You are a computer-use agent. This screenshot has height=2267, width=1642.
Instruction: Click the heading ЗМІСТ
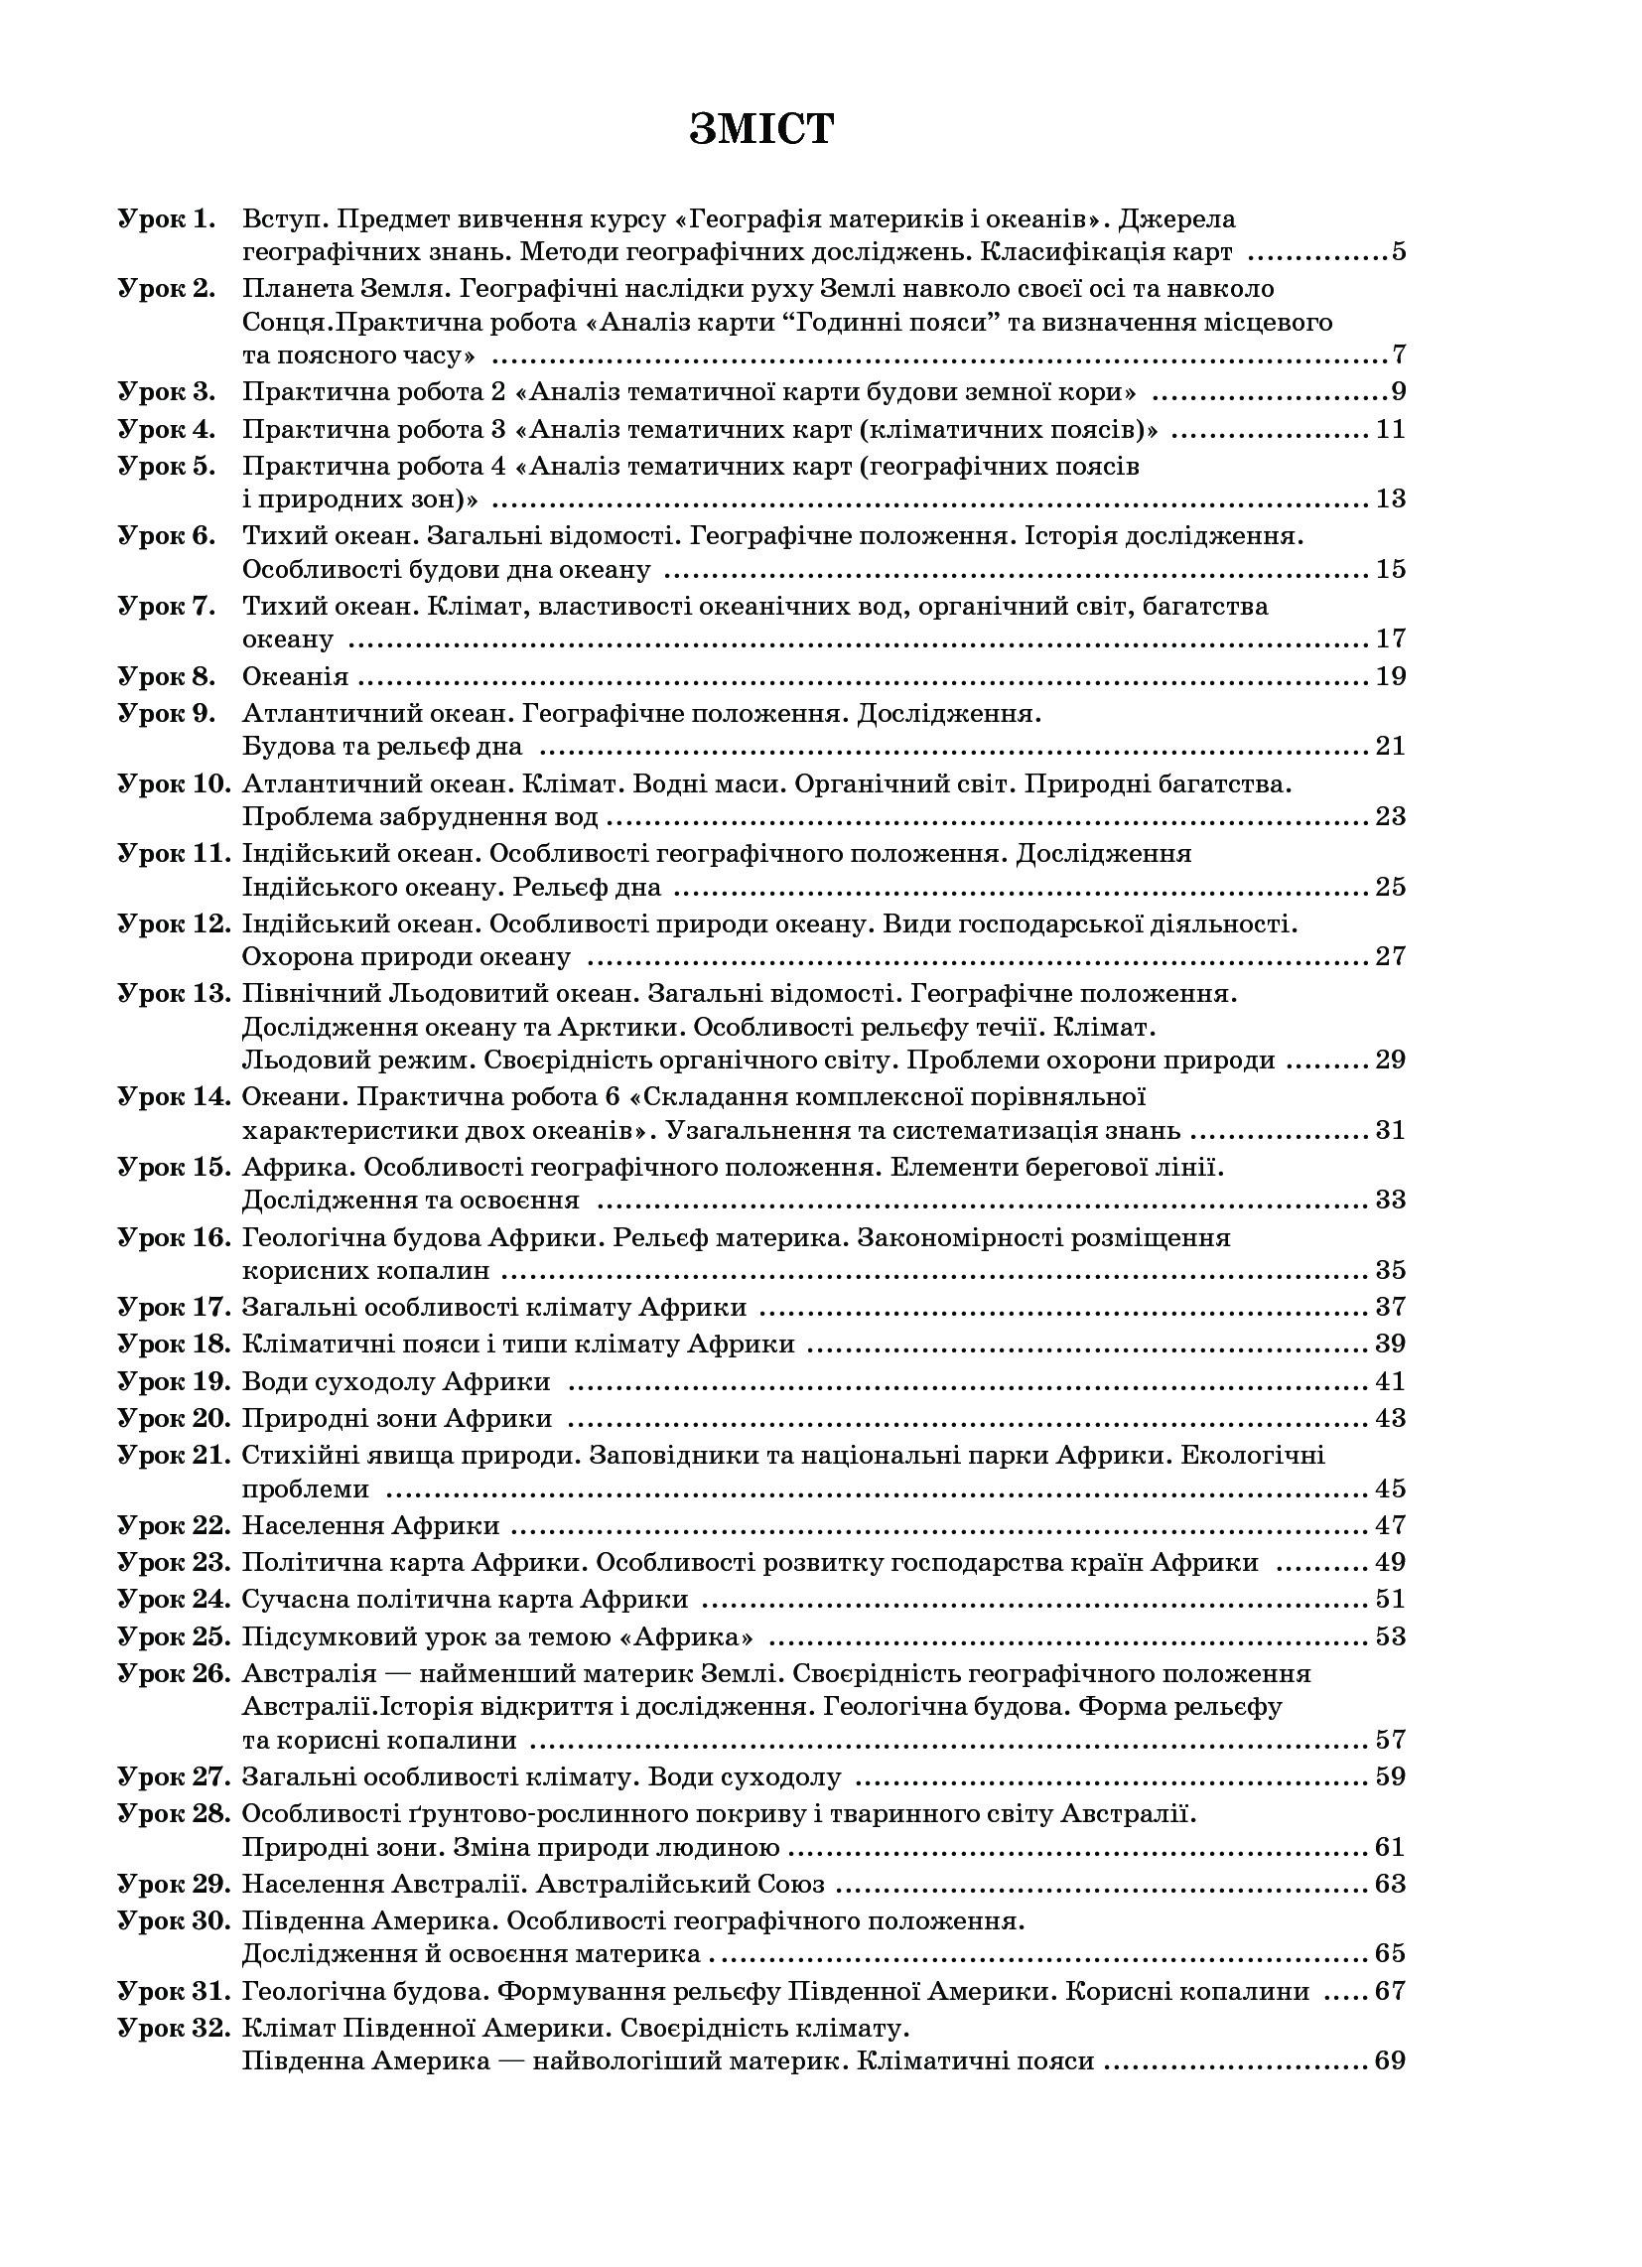point(760,130)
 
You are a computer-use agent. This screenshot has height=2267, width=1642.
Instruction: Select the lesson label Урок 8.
point(166,676)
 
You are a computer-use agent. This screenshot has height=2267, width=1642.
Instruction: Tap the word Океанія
point(295,676)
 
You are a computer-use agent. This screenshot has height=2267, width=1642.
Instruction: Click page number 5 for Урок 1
point(1398,252)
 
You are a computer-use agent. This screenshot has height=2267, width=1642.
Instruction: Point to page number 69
point(1390,2060)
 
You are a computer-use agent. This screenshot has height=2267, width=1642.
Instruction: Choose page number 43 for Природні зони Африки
point(1390,1417)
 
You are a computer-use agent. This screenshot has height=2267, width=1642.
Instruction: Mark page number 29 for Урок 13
point(1390,1060)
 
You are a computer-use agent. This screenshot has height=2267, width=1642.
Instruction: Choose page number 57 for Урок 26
point(1390,1740)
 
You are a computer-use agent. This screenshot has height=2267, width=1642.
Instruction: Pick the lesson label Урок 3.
point(166,391)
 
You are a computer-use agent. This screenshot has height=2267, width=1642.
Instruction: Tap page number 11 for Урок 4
point(1390,430)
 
